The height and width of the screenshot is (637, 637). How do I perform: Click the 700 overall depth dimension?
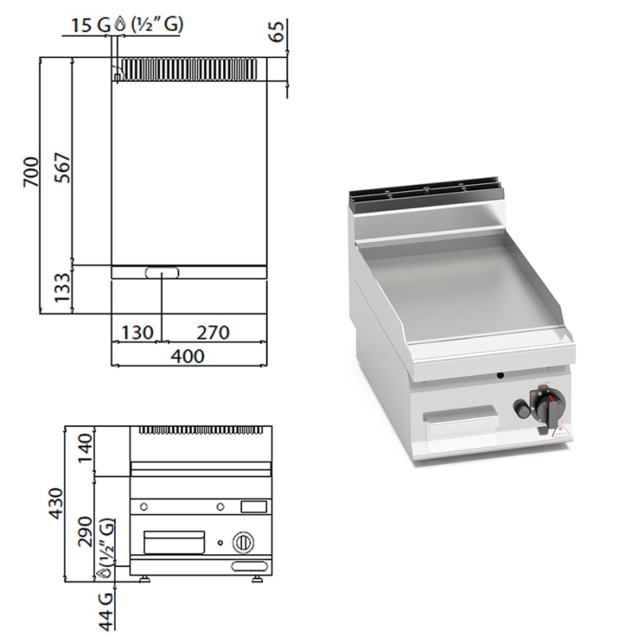pos(31,172)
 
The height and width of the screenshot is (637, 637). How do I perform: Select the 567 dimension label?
pos(63,167)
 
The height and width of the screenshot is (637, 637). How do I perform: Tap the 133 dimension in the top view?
pos(63,287)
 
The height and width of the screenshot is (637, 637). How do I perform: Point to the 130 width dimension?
pos(137,332)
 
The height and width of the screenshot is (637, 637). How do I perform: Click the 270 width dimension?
pos(213,332)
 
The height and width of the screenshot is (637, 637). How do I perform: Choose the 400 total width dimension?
pos(187,356)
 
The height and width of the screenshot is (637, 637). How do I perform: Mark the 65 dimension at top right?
pos(276,31)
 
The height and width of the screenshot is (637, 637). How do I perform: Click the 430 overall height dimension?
pos(56,504)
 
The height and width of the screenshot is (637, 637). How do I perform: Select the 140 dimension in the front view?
pos(85,448)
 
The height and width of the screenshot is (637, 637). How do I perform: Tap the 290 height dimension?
pos(85,531)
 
